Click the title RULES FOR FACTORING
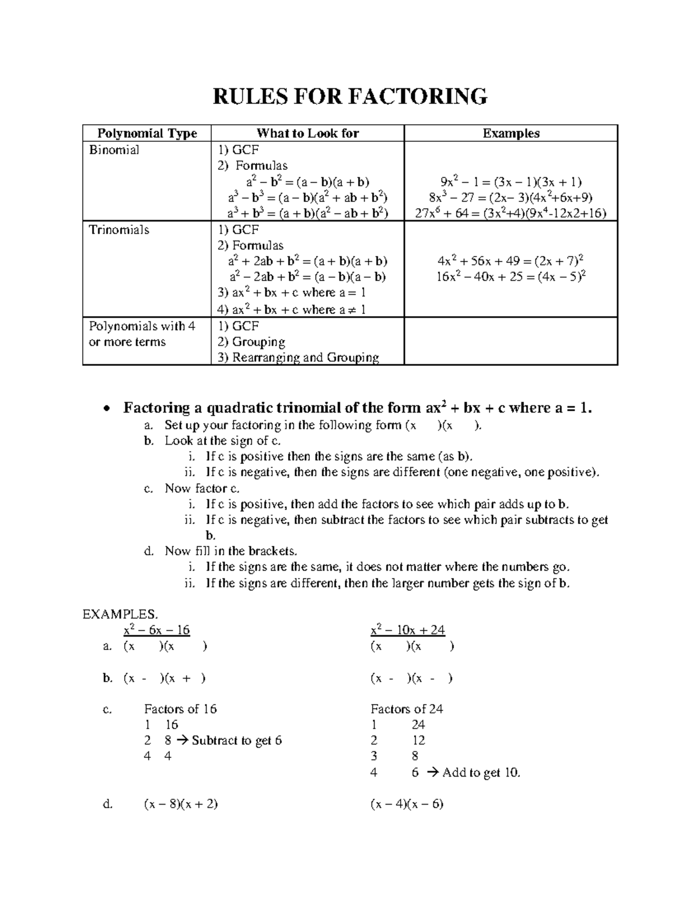click(349, 96)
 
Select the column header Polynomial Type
click(147, 133)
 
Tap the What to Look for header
click(307, 133)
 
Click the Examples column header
click(511, 133)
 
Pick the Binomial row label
click(114, 150)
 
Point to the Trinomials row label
click(119, 230)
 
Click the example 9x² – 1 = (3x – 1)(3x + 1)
click(511, 182)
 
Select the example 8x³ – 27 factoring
click(511, 198)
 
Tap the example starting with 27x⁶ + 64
click(511, 214)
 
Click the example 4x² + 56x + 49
click(511, 261)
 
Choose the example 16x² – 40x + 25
click(511, 277)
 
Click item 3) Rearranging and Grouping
click(298, 358)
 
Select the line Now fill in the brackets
click(231, 551)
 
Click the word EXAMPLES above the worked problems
click(120, 614)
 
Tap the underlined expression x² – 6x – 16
click(157, 630)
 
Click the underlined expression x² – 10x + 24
click(408, 630)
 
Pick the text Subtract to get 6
click(237, 740)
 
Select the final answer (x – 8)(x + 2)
click(181, 804)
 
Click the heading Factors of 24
click(407, 709)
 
